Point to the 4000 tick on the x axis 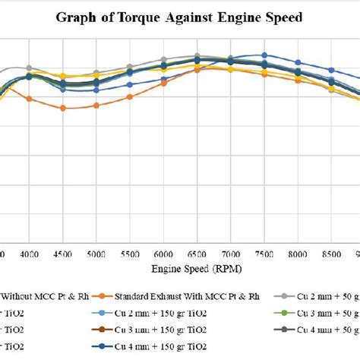pos(29,255)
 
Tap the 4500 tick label pos(62,255)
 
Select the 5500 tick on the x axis pos(130,255)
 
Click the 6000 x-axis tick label pos(163,255)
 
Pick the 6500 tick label pos(197,255)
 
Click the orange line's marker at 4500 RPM pos(63,108)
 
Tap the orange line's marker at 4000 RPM pos(29,98)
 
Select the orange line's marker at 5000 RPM pos(96,106)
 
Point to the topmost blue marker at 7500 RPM pos(264,55)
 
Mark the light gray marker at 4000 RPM pos(29,68)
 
